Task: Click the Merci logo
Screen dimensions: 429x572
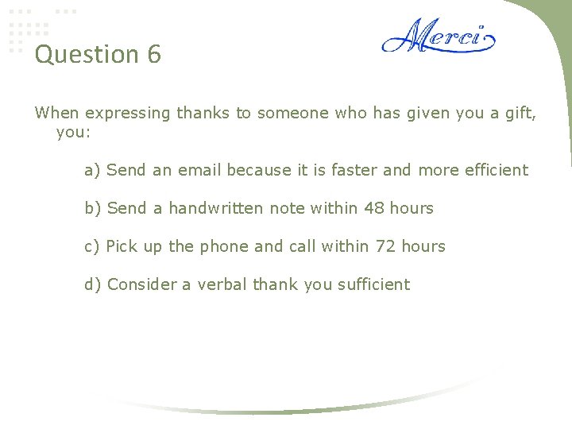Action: pos(438,37)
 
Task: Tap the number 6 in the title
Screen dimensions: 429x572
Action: pos(154,55)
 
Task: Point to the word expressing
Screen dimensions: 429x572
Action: pos(128,114)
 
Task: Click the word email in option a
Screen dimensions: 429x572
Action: pos(199,170)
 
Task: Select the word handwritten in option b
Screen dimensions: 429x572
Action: pos(215,208)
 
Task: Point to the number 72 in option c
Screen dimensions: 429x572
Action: pos(385,246)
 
